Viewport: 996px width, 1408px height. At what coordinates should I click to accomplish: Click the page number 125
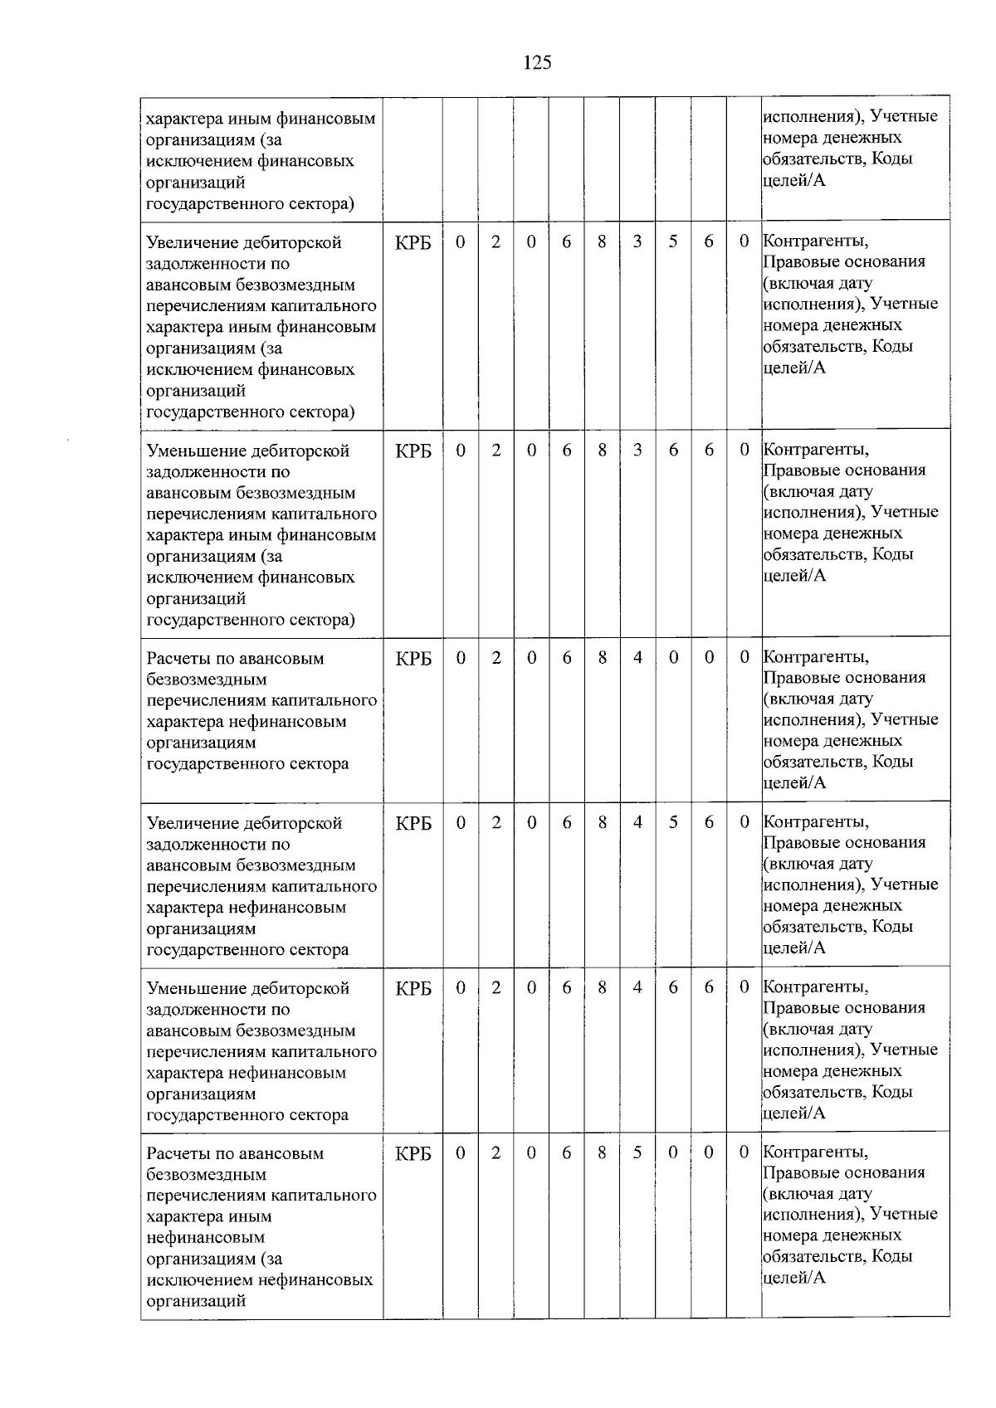point(537,63)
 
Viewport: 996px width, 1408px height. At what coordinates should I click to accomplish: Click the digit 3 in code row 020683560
point(637,241)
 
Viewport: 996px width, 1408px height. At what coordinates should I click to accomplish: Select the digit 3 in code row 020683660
point(637,450)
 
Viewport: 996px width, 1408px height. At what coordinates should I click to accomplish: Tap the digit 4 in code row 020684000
point(637,657)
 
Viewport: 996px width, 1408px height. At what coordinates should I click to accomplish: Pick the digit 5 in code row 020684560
point(673,822)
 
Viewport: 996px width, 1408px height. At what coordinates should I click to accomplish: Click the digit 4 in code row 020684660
point(637,987)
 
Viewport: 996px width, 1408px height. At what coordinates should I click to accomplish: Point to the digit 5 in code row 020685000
point(637,1152)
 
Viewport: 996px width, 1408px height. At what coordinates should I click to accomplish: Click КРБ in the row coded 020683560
point(413,243)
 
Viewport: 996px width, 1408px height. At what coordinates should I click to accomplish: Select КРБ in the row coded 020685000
point(413,1154)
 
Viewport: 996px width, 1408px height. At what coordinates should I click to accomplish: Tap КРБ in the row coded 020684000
point(413,659)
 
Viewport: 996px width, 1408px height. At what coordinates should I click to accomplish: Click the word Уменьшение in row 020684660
point(192,989)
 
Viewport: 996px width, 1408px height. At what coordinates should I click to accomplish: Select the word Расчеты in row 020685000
point(177,1154)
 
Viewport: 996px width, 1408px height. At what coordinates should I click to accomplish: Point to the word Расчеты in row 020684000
point(177,659)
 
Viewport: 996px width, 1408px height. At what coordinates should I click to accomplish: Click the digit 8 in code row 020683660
point(602,450)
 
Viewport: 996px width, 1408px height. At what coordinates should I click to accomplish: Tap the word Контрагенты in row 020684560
point(816,822)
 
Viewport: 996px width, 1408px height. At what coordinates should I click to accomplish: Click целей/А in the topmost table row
point(794,180)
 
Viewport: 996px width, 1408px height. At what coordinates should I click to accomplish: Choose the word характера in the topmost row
point(179,119)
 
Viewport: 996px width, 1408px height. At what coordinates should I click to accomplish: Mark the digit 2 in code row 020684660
point(496,987)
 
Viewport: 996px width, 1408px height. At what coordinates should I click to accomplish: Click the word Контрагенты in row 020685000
point(816,1152)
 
